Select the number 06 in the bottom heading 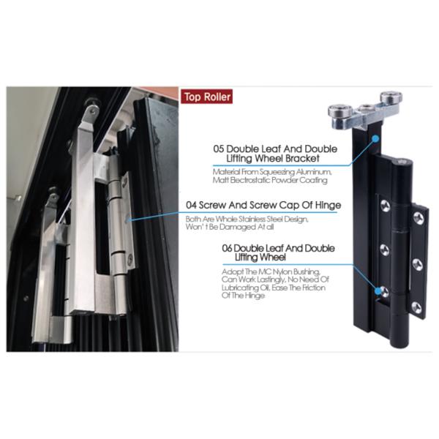[x=228, y=249]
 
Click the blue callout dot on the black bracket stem [x=375, y=136]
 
